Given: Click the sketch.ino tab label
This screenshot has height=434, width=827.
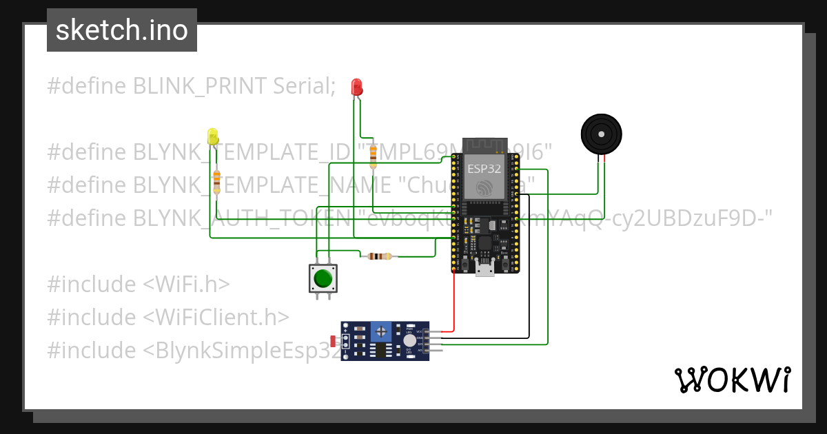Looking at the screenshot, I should tap(121, 30).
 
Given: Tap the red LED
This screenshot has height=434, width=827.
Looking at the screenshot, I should tap(356, 87).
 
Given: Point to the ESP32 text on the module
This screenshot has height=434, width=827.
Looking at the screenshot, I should tap(484, 168).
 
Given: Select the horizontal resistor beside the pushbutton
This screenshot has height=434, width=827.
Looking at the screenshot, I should tap(379, 256).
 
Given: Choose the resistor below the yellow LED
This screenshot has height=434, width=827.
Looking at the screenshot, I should tap(216, 181).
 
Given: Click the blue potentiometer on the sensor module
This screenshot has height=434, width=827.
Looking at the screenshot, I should tap(380, 332).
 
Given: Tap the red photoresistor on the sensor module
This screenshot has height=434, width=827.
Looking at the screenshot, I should tap(334, 340).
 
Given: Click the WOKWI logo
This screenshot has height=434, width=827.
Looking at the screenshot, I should tap(732, 380).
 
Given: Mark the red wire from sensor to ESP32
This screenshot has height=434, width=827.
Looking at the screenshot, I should tap(454, 303).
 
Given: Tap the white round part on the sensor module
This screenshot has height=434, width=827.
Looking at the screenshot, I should tap(410, 340).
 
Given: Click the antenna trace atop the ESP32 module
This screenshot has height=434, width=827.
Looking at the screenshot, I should tap(484, 145).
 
